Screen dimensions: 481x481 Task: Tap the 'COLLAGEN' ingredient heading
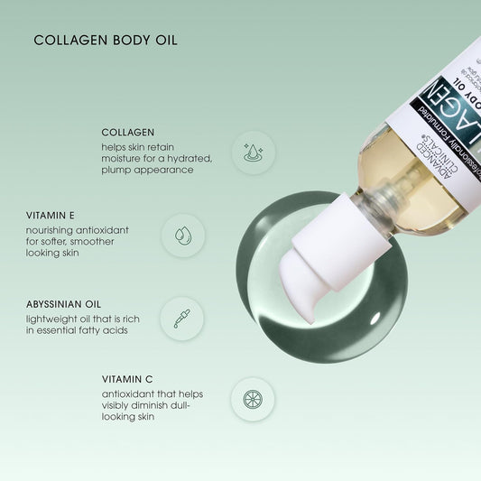[x=128, y=132]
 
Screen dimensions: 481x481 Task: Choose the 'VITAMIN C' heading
[x=125, y=380]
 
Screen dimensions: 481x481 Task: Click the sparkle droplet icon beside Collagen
[x=254, y=152]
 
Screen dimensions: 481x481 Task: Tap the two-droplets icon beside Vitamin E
[x=183, y=236]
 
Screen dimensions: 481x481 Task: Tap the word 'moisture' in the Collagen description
[x=123, y=158]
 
